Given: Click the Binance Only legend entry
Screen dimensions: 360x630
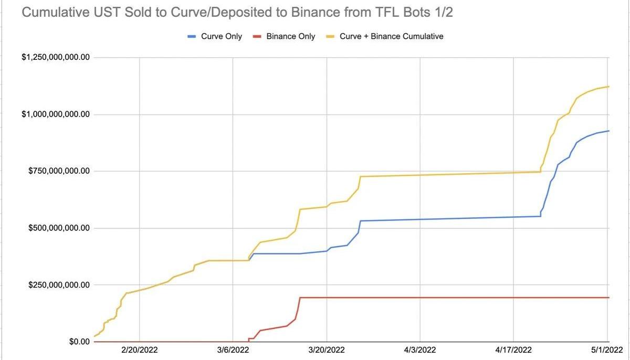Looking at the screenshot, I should click(x=291, y=36).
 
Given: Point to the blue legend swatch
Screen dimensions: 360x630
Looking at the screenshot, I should click(x=192, y=36).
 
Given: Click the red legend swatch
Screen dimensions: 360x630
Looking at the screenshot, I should click(x=257, y=36).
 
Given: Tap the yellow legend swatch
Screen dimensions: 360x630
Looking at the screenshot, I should click(x=330, y=36).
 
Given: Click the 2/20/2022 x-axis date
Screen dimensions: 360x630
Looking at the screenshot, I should click(x=139, y=350).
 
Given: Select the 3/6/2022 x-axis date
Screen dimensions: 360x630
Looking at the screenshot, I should click(x=233, y=350).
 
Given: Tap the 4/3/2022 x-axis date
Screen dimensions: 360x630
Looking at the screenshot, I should click(x=420, y=350).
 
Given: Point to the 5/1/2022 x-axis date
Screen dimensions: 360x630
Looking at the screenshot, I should click(x=607, y=350).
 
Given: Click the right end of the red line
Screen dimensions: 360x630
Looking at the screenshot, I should click(x=608, y=298).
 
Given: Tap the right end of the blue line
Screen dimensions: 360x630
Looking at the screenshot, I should click(x=608, y=131).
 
